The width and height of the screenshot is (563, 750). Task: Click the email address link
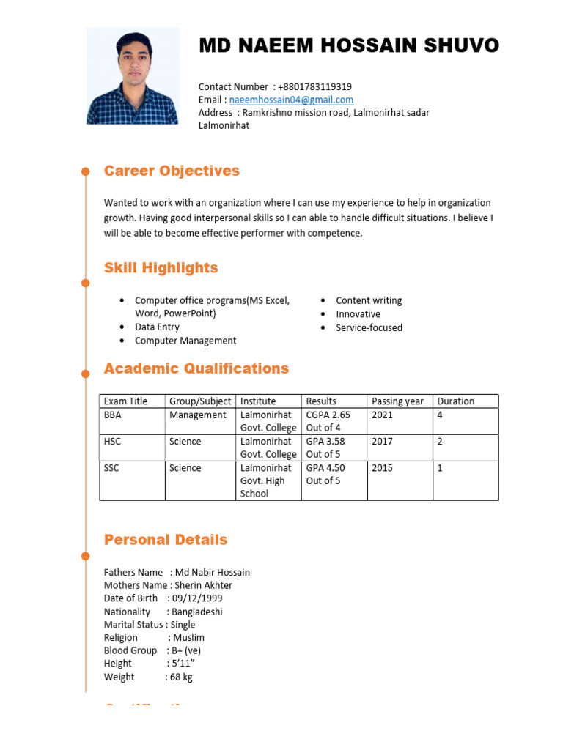click(x=291, y=100)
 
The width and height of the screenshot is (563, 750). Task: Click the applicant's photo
click(x=133, y=76)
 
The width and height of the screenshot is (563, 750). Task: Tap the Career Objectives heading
click(x=172, y=171)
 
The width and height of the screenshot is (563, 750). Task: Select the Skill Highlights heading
click(x=161, y=268)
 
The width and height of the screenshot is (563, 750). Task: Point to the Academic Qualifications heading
click(x=196, y=368)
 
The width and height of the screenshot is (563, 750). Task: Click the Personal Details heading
click(x=166, y=540)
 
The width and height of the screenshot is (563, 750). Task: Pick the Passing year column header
click(x=397, y=401)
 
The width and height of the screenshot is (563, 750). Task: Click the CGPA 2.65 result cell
click(x=328, y=421)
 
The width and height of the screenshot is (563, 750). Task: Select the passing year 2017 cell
click(x=383, y=442)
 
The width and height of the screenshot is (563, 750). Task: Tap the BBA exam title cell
click(x=113, y=415)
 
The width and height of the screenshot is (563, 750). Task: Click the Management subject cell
click(x=197, y=415)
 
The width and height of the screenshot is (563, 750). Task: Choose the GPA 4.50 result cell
click(x=325, y=474)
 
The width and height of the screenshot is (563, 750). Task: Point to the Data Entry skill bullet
click(x=157, y=327)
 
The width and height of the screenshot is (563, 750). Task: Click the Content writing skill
click(x=369, y=300)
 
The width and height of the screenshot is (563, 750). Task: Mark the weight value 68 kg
click(x=181, y=677)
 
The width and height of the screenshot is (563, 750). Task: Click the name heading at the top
click(x=349, y=46)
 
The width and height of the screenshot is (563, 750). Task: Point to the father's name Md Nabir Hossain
click(x=212, y=572)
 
